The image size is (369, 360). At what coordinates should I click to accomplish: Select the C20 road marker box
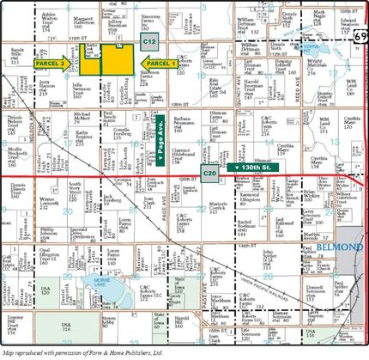[210, 174]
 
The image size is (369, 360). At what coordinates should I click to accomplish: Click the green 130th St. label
[256, 167]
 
